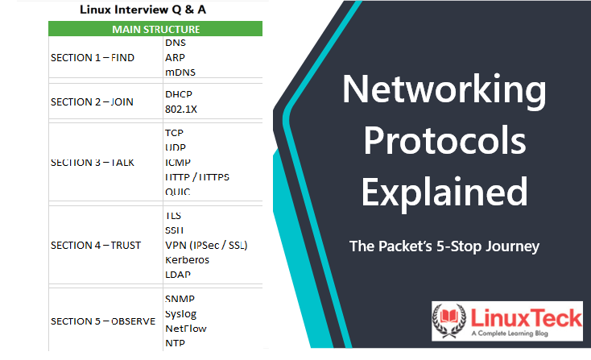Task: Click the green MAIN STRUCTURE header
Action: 155,29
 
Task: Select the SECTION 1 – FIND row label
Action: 93,58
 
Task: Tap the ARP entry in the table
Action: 175,58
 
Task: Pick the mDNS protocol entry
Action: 180,72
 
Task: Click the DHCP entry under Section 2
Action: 179,94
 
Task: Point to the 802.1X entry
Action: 181,110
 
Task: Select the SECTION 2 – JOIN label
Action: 92,102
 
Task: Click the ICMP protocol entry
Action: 178,163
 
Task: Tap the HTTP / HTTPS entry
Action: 197,177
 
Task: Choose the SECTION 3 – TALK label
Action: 93,163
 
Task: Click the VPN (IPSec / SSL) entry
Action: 206,246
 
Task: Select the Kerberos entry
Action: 187,260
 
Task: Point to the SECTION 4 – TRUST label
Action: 96,246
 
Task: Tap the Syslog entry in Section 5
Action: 181,314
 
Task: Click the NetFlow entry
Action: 186,329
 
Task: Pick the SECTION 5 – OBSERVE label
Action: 103,321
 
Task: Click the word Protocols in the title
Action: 444,140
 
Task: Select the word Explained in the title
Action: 444,192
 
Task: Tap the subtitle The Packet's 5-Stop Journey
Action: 444,246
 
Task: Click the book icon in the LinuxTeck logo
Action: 449,316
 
